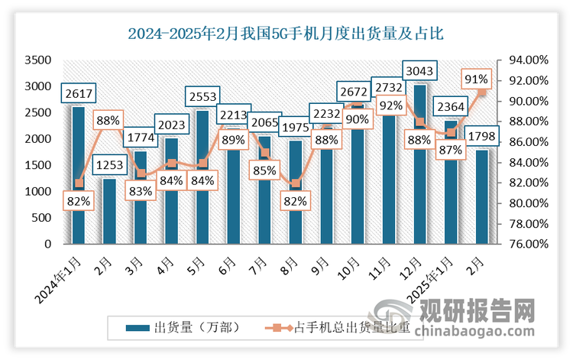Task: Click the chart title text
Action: click(x=286, y=33)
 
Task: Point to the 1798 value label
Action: click(x=480, y=136)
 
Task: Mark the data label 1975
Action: click(x=293, y=126)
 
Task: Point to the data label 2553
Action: click(x=202, y=97)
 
